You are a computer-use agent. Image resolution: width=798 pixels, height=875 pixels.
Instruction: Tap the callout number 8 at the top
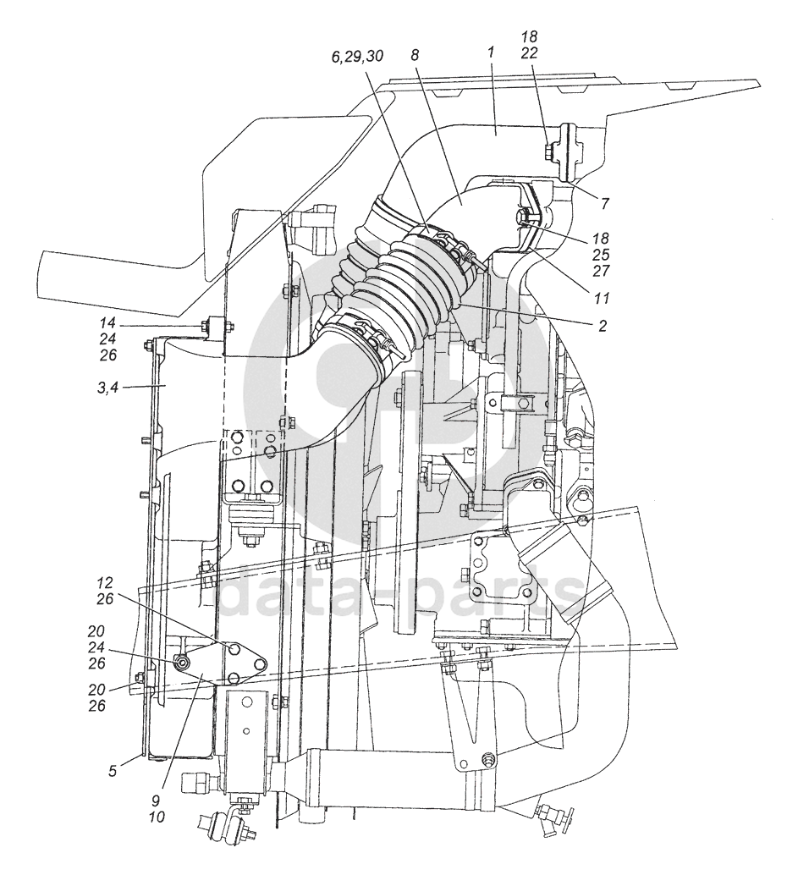click(x=414, y=55)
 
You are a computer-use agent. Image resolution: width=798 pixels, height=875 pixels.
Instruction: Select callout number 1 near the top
click(x=491, y=53)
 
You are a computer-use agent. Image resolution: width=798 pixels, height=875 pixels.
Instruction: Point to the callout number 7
click(x=605, y=203)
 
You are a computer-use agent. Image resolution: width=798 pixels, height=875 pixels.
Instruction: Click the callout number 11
click(x=602, y=299)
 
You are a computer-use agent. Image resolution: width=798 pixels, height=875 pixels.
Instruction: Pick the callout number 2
click(x=603, y=325)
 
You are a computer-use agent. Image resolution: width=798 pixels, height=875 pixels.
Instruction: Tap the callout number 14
click(x=107, y=322)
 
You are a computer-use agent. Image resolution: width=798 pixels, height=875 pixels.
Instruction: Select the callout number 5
click(x=113, y=772)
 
